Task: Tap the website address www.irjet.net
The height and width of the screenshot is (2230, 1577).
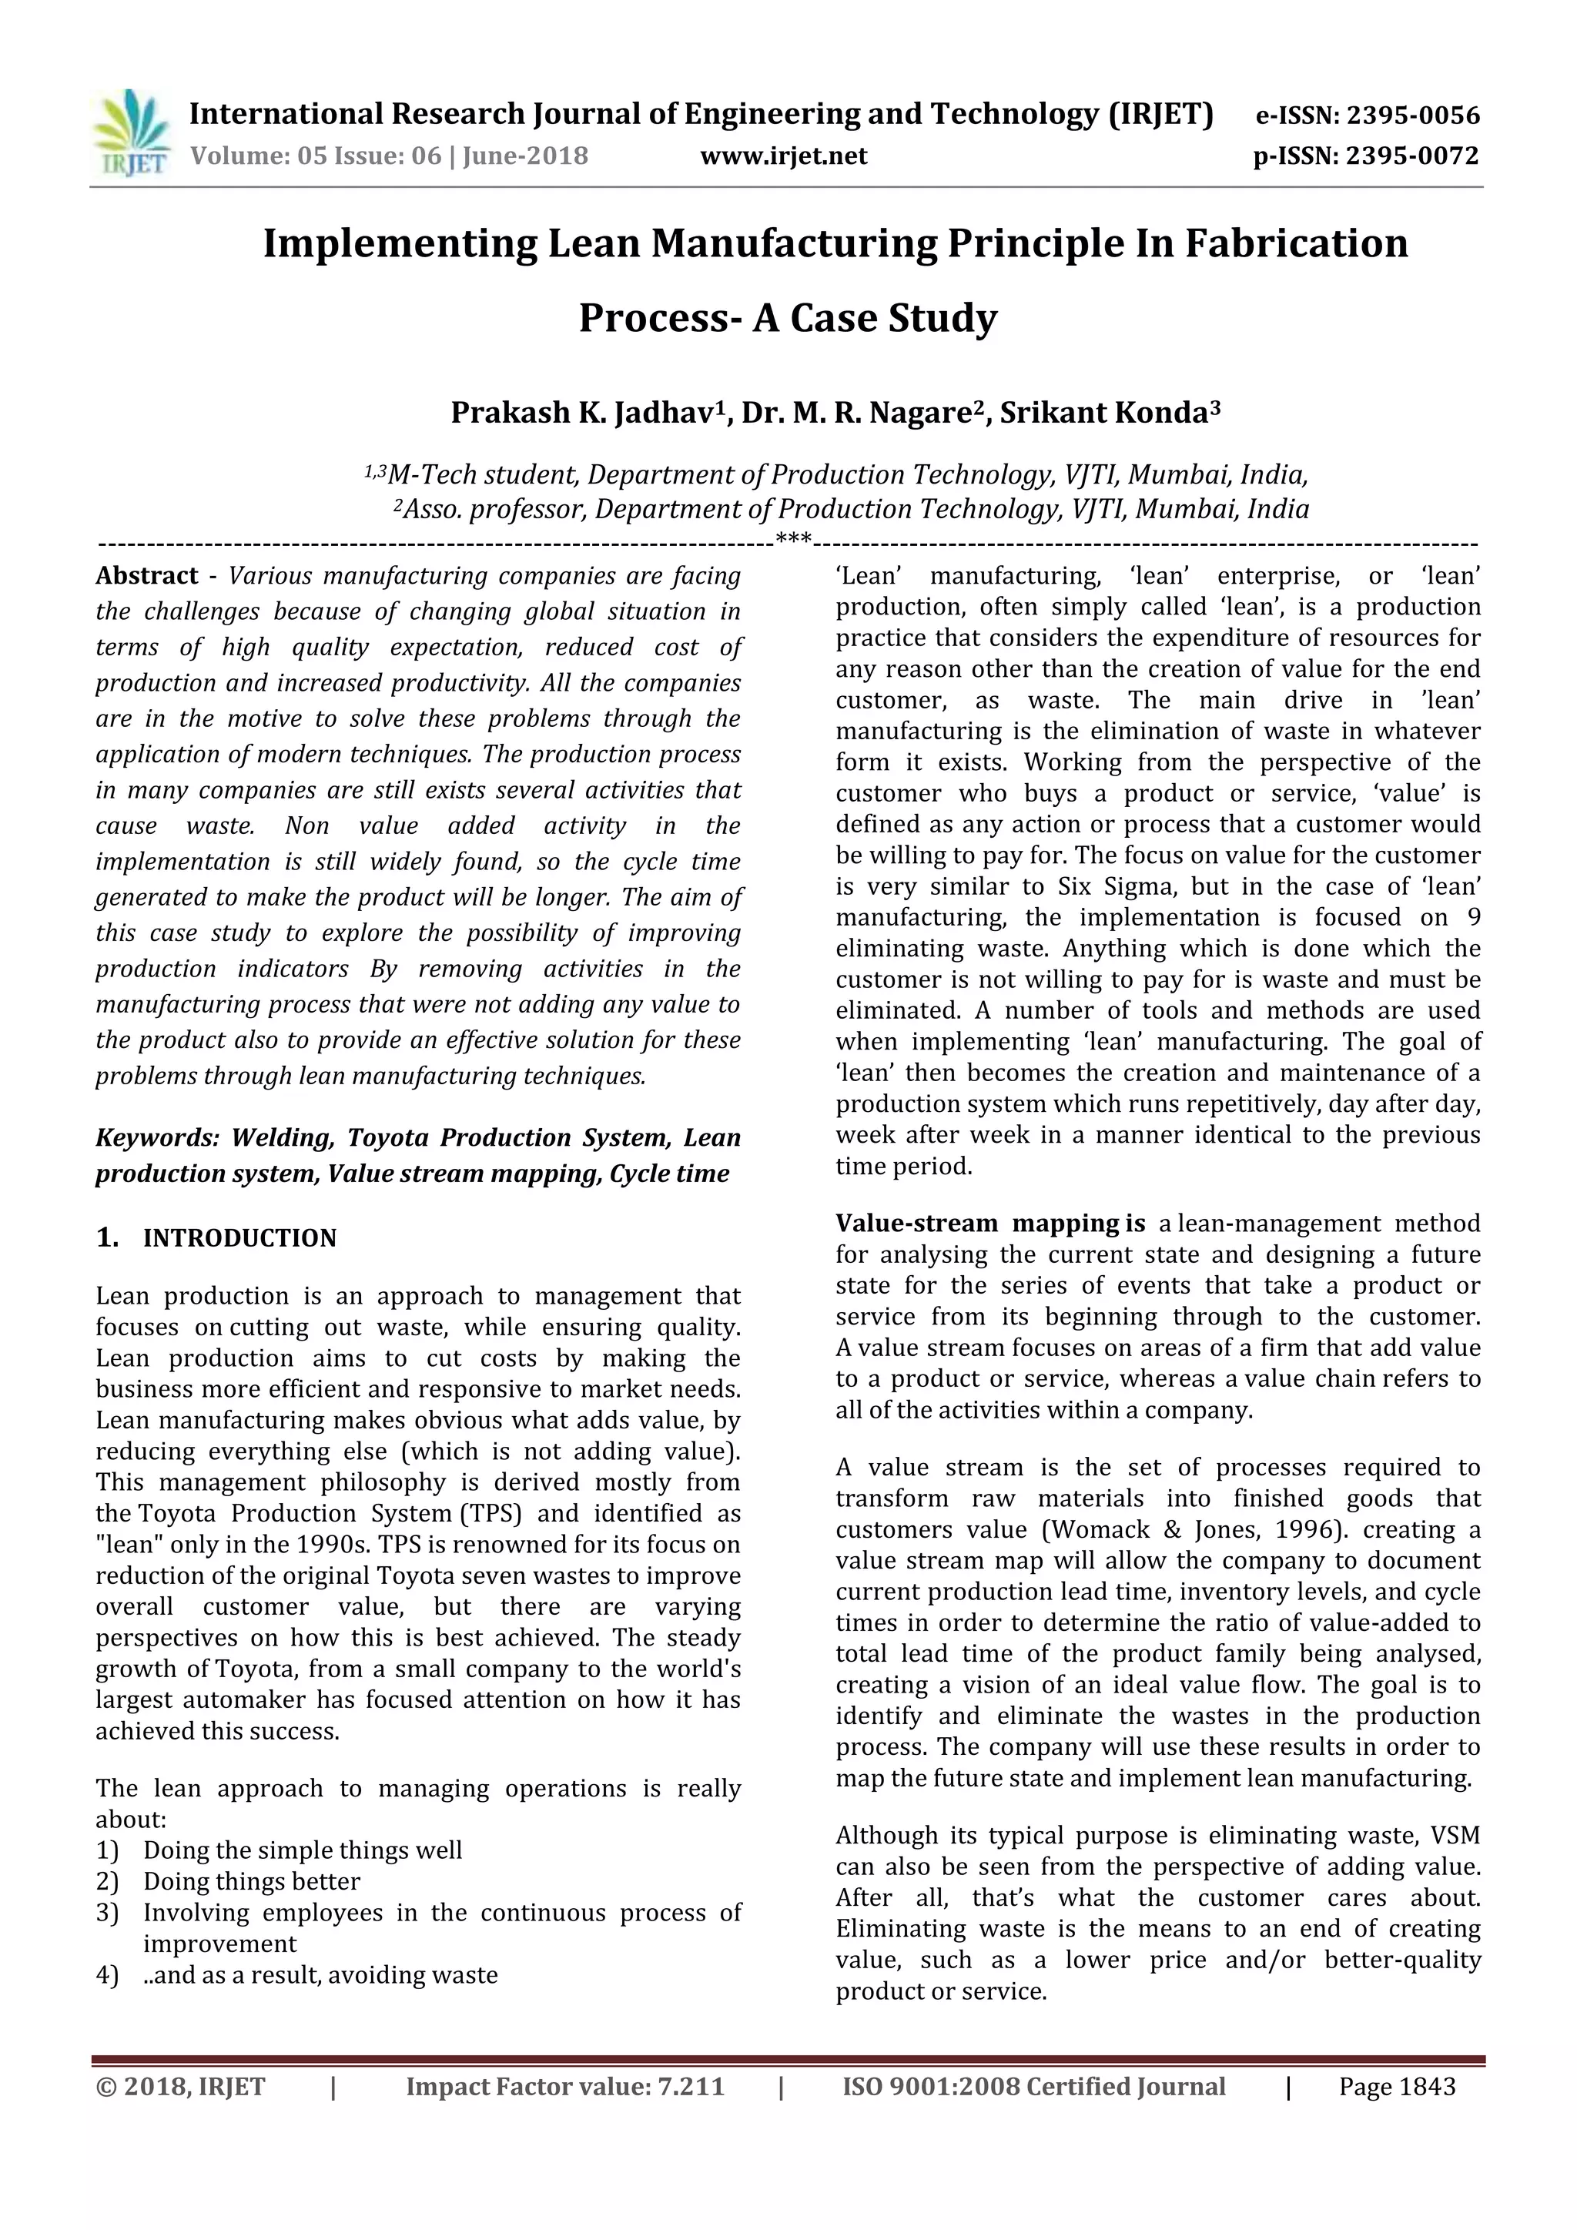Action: (x=784, y=156)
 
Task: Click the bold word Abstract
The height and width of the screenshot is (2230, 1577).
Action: (x=146, y=576)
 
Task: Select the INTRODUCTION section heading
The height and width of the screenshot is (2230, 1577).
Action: (x=239, y=1238)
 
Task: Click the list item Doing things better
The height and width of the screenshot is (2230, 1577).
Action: (x=252, y=1881)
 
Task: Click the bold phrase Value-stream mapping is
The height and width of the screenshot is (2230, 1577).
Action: (x=989, y=1224)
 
